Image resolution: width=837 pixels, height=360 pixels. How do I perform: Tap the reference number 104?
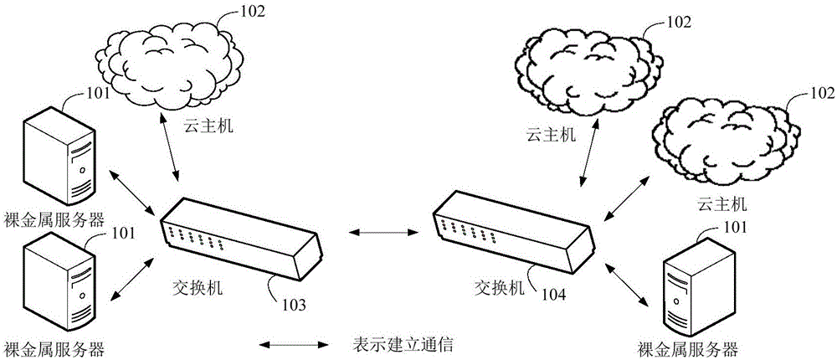pos(553,295)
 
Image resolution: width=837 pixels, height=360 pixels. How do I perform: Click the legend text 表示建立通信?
pos(403,344)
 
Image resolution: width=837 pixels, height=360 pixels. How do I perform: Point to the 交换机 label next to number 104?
pos(499,287)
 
